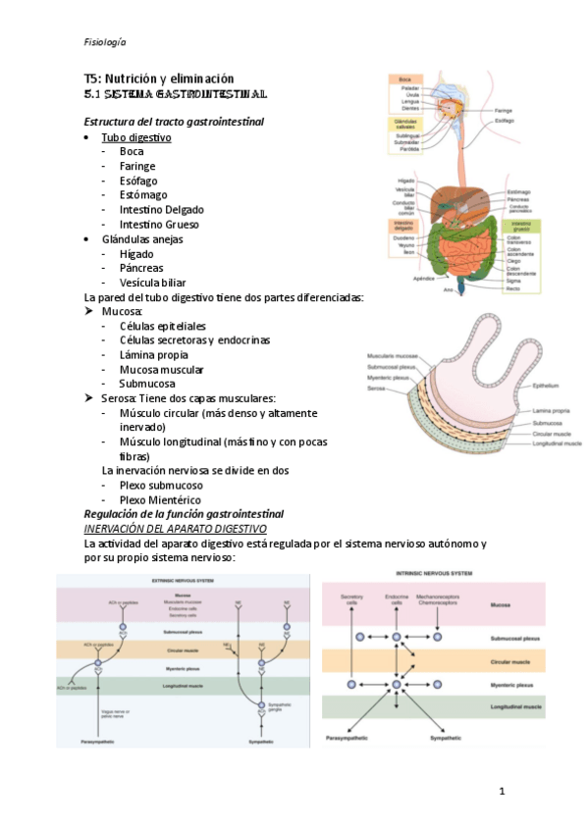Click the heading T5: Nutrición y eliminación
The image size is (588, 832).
[158, 78]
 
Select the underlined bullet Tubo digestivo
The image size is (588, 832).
[136, 137]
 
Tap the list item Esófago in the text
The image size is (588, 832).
[138, 181]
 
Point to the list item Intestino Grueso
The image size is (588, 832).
[159, 224]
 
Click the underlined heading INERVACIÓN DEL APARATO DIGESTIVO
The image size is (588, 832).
[183, 528]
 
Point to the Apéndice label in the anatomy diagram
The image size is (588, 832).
[421, 278]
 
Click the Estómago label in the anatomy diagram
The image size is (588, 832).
[519, 191]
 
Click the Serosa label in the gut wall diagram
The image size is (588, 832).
[375, 389]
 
